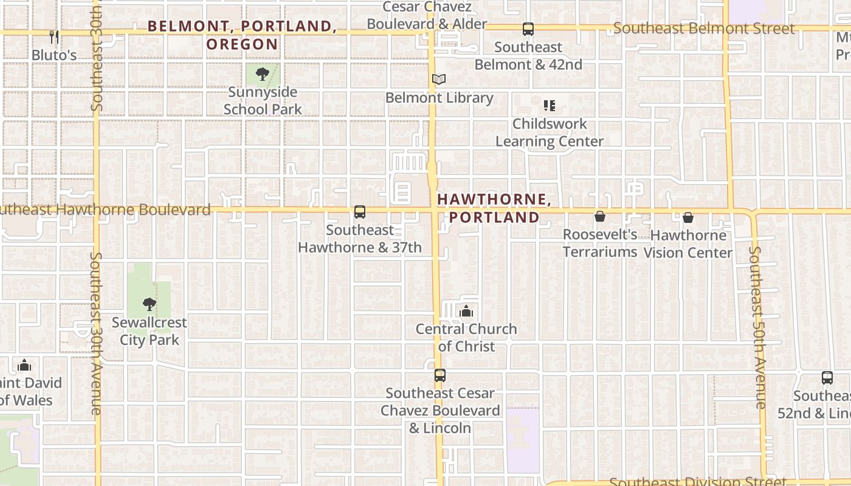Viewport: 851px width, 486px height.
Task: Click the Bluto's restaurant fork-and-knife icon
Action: pos(54,37)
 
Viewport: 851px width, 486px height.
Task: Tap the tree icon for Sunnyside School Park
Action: pos(263,74)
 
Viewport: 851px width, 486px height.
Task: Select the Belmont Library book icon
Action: pos(439,79)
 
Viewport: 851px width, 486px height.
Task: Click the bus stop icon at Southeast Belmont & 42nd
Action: pos(528,29)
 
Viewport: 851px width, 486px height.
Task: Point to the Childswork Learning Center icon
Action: pos(550,106)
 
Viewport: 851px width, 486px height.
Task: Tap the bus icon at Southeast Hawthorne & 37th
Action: pos(360,212)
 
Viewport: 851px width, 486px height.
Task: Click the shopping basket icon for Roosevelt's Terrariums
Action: pos(600,216)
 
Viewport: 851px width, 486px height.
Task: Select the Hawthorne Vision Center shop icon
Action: pos(688,217)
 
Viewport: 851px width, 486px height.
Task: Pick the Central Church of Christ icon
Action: pos(466,312)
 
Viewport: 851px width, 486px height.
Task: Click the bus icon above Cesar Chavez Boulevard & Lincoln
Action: pos(440,375)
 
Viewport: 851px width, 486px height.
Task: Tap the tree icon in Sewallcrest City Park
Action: pos(149,304)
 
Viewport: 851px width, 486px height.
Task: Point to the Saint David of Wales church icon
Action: pos(24,365)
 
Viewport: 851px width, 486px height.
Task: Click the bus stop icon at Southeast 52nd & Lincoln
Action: pos(827,378)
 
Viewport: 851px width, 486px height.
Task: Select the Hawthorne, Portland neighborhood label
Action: pos(494,208)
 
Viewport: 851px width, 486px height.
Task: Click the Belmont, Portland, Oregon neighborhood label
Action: pos(242,35)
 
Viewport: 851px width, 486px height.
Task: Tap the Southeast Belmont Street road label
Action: pos(704,29)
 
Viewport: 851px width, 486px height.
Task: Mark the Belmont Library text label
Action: pos(439,98)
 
